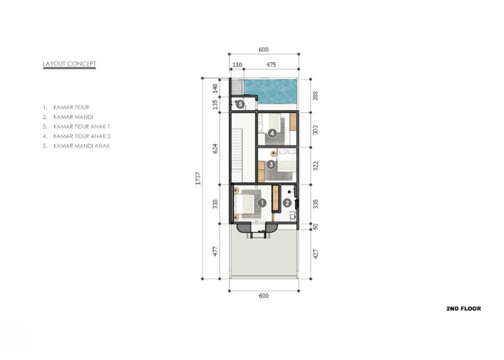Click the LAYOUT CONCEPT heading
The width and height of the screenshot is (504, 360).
[69, 63]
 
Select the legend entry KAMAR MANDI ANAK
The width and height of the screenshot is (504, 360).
[81, 146]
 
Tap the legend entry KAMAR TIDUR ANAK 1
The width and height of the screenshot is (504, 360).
[81, 127]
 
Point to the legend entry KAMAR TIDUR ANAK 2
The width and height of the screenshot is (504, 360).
[82, 136]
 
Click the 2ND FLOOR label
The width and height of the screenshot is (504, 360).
[464, 309]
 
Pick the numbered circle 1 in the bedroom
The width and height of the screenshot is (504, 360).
[262, 203]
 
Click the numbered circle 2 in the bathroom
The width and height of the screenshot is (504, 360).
[287, 203]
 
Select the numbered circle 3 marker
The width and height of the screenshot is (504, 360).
[271, 165]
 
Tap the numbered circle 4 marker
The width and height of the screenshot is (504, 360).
[272, 132]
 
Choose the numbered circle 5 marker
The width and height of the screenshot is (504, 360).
[240, 104]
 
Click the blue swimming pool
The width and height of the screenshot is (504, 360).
[270, 91]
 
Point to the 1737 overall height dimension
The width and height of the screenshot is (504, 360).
[198, 179]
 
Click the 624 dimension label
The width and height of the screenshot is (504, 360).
[215, 148]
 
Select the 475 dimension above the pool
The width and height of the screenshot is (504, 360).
[271, 65]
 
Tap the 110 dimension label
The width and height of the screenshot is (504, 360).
[237, 65]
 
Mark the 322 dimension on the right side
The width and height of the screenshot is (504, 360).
[315, 166]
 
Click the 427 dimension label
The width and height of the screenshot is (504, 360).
[315, 254]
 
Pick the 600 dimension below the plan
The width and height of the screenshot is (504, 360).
[264, 296]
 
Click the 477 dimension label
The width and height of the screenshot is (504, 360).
[215, 251]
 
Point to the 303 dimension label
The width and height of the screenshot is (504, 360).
[315, 130]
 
